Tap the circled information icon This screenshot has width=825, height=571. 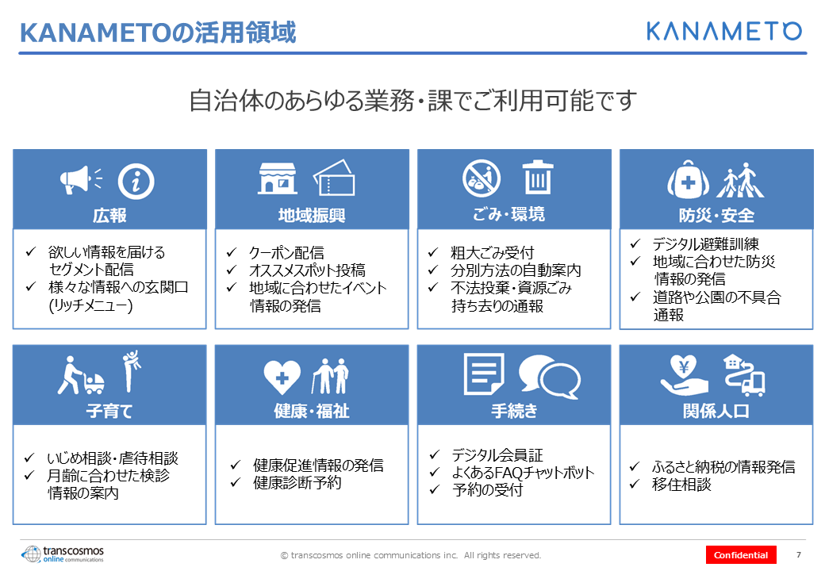tap(136, 182)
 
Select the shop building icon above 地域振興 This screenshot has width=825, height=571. tap(277, 178)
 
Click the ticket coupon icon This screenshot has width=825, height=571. tap(334, 178)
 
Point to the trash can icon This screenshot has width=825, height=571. tap(537, 177)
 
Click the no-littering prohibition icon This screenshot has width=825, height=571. tap(482, 178)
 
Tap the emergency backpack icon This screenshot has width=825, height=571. tap(689, 180)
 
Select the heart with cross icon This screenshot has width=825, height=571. tap(282, 377)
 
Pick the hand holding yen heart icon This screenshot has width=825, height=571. tap(684, 375)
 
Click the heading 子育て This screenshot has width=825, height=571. tap(109, 411)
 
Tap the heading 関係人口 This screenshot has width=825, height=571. tap(716, 411)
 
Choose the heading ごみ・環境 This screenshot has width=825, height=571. tap(508, 214)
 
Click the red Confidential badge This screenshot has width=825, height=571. tap(741, 555)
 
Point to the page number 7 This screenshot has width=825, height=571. tap(799, 554)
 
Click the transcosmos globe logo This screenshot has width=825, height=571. tap(31, 554)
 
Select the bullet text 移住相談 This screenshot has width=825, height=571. tap(681, 485)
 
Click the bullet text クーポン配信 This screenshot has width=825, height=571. tap(286, 253)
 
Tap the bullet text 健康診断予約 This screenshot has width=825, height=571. tap(297, 483)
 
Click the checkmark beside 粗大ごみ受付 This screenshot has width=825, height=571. tap(433, 252)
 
